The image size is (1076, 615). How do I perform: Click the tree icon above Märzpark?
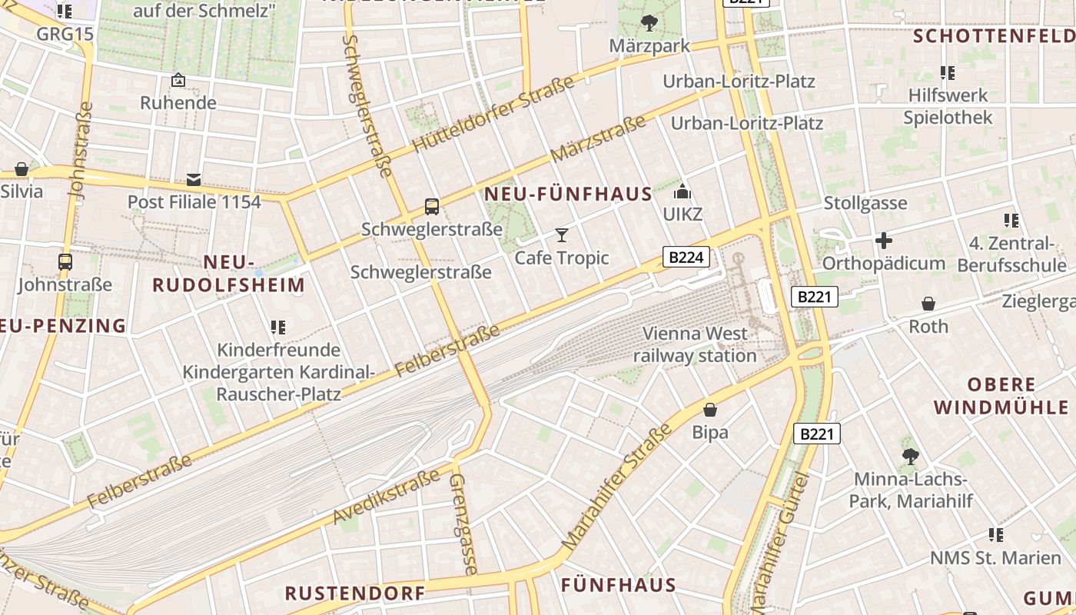pos(649,23)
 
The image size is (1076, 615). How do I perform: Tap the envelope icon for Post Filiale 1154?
pos(194,180)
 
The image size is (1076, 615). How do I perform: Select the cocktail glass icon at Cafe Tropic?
pos(562,234)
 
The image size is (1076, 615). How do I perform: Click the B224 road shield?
pos(686,258)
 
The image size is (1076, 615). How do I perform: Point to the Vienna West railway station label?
pos(695,344)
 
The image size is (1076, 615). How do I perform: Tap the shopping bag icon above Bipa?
pos(710,410)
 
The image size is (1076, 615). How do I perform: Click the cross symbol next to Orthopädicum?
pos(884,241)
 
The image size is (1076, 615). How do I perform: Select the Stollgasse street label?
pos(865,204)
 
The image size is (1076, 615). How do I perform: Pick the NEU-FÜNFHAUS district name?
pos(568,194)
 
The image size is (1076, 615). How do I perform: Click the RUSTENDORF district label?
pos(355,593)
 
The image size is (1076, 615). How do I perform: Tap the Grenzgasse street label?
pos(463,524)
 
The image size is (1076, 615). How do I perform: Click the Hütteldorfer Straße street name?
pos(493,114)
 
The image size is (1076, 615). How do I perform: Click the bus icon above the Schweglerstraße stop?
pos(432,207)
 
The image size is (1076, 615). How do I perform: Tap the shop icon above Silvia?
pos(22,169)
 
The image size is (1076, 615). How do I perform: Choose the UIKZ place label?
pos(682,214)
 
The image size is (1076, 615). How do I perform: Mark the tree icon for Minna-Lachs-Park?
pos(911,457)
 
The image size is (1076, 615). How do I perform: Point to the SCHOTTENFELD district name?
pos(994,36)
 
